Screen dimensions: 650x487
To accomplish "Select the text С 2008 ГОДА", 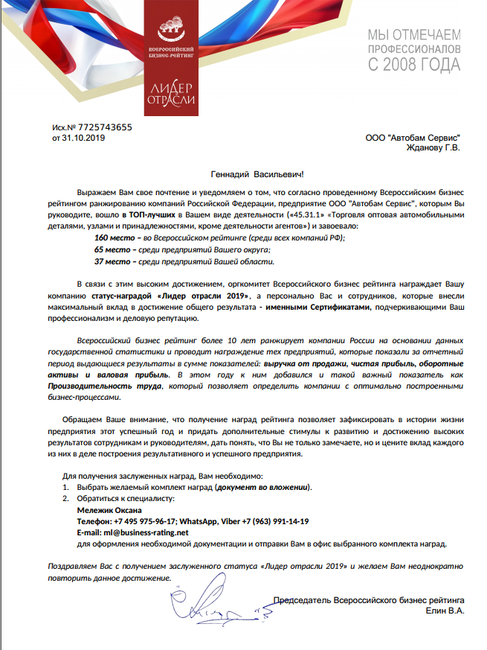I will point(414,66).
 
